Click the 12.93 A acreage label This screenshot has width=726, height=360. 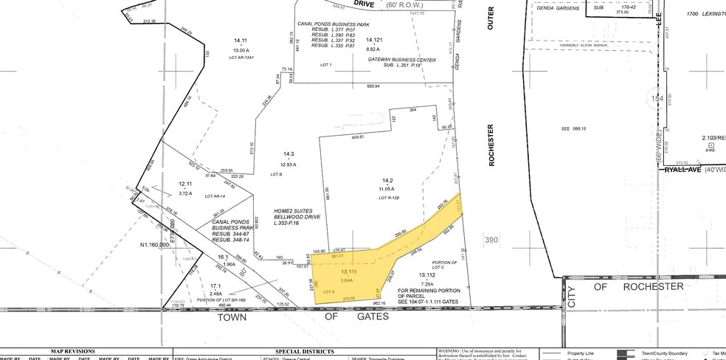coord(277,163)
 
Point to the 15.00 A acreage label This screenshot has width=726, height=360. coord(240,49)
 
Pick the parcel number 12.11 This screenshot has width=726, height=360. coord(185,184)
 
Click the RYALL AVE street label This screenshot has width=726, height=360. coord(677,169)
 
